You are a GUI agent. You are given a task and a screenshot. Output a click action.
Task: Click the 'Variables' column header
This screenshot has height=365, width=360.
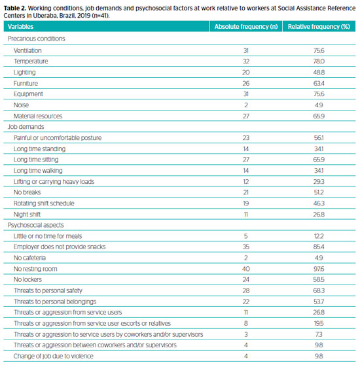[20, 27]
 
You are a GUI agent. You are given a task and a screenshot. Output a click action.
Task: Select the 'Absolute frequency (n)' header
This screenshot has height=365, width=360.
[246, 27]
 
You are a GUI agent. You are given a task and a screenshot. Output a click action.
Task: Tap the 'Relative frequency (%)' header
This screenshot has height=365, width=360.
[319, 27]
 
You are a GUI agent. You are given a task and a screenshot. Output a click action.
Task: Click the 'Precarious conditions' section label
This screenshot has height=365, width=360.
[36, 39]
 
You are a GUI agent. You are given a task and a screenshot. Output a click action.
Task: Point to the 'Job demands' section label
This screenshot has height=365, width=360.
[26, 127]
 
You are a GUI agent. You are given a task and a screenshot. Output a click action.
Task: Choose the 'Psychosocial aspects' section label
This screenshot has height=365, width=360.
[35, 225]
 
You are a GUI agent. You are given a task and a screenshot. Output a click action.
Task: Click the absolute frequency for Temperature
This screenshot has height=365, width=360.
[246, 61]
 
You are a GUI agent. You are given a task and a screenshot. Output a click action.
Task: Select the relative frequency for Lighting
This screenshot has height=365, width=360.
[319, 73]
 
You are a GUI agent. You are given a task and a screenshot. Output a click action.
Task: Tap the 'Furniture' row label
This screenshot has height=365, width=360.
[26, 83]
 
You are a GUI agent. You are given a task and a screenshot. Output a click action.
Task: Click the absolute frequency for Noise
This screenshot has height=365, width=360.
[246, 105]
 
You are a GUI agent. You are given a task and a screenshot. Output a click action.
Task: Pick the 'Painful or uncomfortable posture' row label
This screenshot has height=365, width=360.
[58, 138]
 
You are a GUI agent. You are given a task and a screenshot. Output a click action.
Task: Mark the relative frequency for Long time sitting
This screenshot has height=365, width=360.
[319, 160]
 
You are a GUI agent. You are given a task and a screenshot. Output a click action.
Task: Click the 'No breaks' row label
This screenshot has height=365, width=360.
[27, 192]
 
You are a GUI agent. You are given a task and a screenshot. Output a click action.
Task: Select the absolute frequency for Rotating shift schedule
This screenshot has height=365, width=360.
[246, 203]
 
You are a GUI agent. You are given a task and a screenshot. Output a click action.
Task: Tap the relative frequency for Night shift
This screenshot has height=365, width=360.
[319, 214]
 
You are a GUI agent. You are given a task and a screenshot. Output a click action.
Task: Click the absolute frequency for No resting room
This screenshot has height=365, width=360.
[246, 269]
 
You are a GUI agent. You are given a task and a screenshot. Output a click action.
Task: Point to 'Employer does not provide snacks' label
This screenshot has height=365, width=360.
[60, 247]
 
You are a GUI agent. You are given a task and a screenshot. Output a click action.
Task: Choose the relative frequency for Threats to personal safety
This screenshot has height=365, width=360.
[319, 290]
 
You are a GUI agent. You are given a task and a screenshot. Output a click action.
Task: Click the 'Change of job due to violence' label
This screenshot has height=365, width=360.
[53, 356]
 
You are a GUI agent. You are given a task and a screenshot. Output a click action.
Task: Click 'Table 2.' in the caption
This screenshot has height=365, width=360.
[15, 8]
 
